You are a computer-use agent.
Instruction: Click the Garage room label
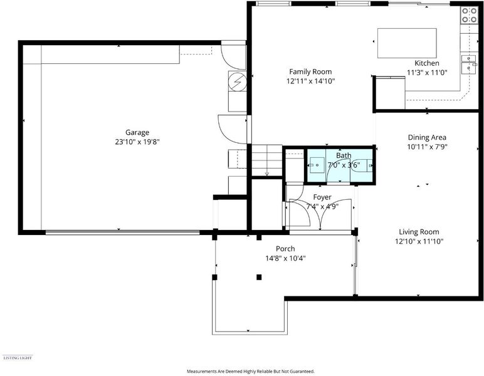(x=137, y=132)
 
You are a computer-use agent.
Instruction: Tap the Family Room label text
(x=310, y=71)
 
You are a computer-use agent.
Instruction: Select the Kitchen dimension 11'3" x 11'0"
(x=427, y=73)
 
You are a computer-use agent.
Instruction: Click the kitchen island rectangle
(x=407, y=43)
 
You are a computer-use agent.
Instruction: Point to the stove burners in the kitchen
(x=469, y=16)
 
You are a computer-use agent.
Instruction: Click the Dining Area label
(x=427, y=137)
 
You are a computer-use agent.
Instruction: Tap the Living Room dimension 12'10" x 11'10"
(x=419, y=241)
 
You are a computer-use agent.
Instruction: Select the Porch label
(x=285, y=249)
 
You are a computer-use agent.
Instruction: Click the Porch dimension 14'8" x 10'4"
(x=285, y=258)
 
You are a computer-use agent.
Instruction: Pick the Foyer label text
(x=322, y=197)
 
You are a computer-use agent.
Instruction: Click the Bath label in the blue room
(x=344, y=155)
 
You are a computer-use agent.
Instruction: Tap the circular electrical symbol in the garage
(x=238, y=81)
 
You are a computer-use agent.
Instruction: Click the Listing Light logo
(x=18, y=358)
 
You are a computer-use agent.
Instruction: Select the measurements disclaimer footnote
(x=251, y=372)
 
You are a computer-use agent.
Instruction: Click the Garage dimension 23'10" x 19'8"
(x=137, y=142)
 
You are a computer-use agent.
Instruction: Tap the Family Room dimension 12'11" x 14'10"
(x=310, y=81)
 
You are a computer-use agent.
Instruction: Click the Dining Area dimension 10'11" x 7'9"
(x=427, y=147)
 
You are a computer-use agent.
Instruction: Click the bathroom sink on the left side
(x=317, y=165)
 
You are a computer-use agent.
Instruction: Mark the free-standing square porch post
(x=259, y=277)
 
